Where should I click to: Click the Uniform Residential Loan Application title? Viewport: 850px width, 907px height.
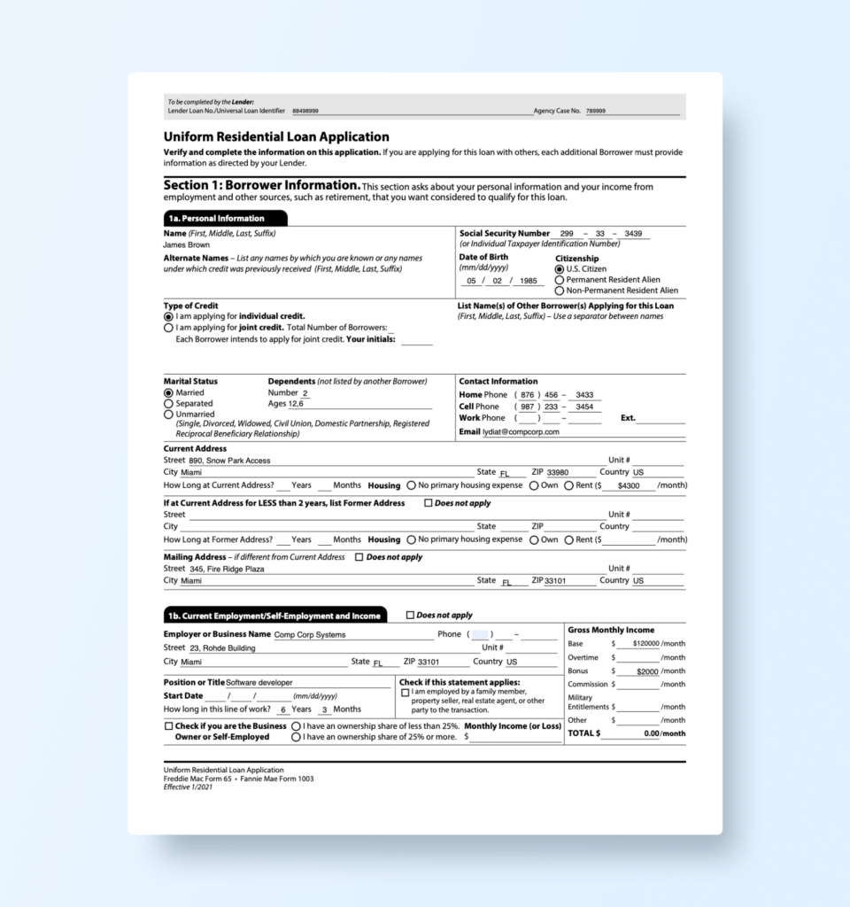(276, 137)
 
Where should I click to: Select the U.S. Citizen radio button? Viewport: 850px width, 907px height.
(560, 269)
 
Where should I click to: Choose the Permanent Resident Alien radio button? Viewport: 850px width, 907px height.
(560, 280)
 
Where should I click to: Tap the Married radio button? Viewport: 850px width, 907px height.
(168, 392)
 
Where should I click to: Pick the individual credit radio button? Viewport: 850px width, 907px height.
(168, 316)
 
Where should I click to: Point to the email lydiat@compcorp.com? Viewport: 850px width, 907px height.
(521, 432)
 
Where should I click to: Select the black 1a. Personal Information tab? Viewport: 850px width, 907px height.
(225, 218)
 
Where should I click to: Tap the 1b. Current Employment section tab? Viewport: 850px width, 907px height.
(274, 616)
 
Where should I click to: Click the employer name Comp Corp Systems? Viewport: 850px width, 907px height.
(310, 635)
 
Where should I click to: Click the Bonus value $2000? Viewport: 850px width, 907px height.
(648, 671)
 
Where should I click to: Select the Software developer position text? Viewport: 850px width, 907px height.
(259, 683)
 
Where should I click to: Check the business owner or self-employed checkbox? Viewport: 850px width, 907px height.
(168, 726)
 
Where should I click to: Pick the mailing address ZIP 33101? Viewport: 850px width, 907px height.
(558, 581)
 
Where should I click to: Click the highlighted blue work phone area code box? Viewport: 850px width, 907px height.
(480, 634)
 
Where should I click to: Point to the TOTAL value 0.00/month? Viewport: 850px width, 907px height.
(664, 733)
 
